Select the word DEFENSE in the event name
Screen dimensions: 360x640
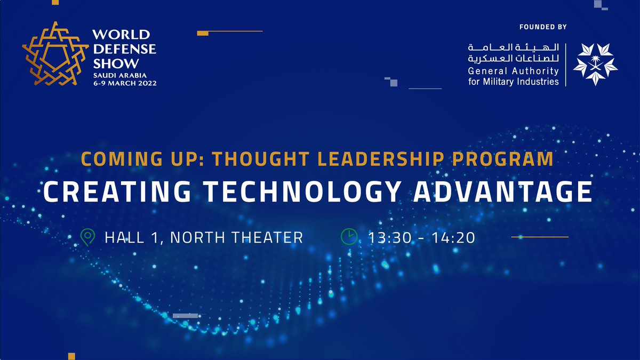[x=124, y=49]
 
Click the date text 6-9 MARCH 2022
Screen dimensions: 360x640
[x=125, y=84]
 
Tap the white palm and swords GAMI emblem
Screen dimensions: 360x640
[x=595, y=65]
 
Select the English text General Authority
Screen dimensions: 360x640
[x=513, y=71]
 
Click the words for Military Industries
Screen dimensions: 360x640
[x=513, y=82]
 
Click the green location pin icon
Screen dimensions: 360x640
[x=87, y=236]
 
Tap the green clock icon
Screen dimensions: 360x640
[x=348, y=236]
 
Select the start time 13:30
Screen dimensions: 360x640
[x=389, y=237]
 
